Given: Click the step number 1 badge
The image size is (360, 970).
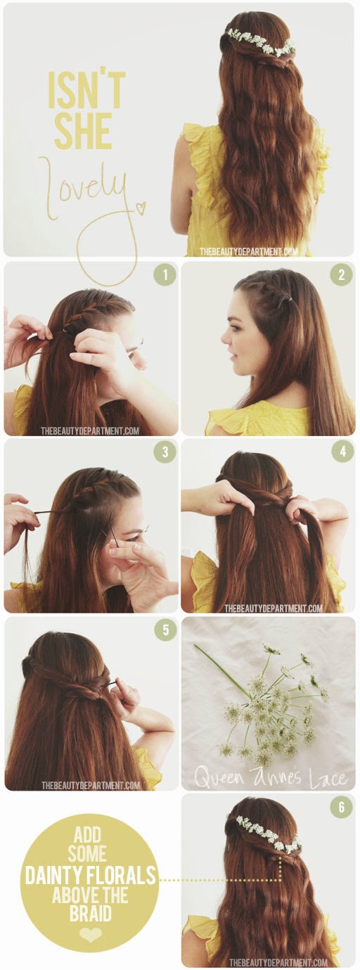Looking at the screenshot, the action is click(165, 274).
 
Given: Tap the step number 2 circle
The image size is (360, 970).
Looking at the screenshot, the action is click(342, 274).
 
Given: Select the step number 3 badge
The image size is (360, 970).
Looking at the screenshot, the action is click(165, 452).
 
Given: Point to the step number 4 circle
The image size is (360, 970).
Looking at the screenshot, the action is click(342, 452).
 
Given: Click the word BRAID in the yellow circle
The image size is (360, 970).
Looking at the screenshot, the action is click(91, 913).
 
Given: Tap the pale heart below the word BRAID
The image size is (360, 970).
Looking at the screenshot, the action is click(91, 935).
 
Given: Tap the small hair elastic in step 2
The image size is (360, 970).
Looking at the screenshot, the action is click(288, 299).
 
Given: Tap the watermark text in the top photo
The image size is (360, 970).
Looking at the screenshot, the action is click(249, 250).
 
